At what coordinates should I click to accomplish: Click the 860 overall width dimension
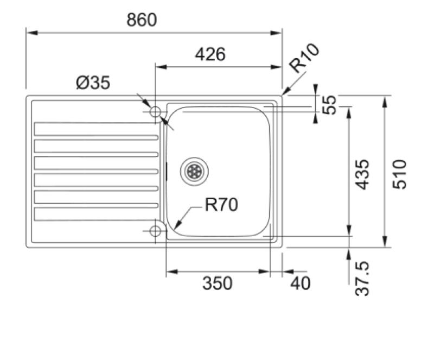point(142,20)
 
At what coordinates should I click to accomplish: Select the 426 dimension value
point(209,54)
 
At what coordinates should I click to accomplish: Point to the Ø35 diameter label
point(93,83)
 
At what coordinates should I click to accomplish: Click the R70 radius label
point(221,205)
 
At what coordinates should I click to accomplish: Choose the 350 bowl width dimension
point(217,283)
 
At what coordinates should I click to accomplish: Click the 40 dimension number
point(301,283)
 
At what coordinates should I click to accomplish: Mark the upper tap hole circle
point(155,112)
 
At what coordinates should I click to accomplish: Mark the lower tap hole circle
point(155,231)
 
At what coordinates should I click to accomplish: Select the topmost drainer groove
point(96,129)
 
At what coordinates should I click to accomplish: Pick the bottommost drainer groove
point(96,214)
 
